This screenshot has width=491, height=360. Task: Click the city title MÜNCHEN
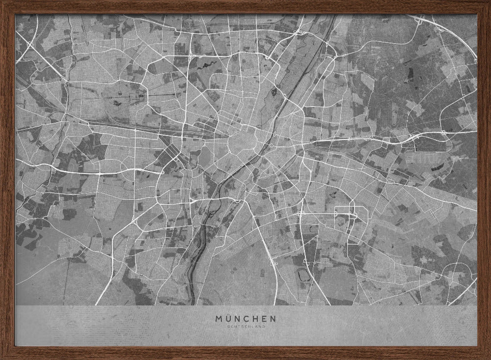tap(245, 318)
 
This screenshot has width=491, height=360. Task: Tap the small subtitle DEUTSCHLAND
tap(245, 327)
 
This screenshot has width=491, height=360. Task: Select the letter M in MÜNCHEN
tap(219, 318)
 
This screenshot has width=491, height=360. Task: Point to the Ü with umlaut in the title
tap(229, 318)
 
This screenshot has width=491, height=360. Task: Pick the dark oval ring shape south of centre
tap(305, 278)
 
